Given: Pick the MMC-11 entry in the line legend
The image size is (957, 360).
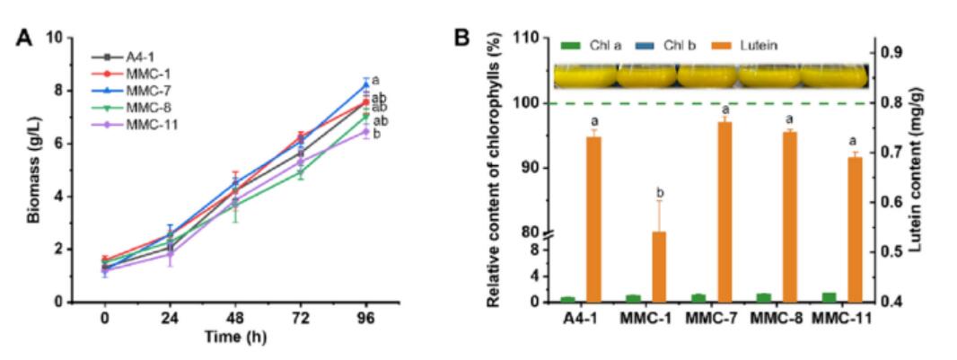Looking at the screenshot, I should tap(151, 125).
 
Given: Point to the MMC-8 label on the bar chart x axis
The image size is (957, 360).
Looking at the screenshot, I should tap(773, 319).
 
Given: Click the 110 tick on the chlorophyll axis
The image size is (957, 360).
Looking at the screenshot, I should tap(533, 40).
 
